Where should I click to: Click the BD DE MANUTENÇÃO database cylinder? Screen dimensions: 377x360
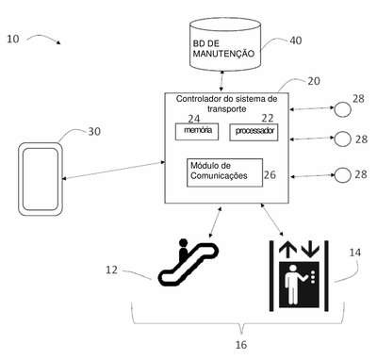pos(225,44)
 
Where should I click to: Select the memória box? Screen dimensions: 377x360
pos(197,131)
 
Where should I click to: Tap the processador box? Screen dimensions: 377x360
pos(254,132)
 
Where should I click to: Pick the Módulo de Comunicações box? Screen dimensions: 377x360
pos(224,172)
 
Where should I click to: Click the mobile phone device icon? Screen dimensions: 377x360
pos(41,179)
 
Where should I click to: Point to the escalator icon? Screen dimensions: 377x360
pos(188,263)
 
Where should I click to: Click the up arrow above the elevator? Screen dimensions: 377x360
pos(287,250)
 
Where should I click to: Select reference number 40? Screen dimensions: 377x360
pos(295,41)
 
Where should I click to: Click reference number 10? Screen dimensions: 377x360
pos(13,39)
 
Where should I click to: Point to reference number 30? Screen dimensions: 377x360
pos(94,131)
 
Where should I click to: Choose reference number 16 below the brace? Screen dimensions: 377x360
pos(241,345)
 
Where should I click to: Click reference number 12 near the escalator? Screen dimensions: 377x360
pos(111,270)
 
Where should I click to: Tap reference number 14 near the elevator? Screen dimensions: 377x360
pos(355,253)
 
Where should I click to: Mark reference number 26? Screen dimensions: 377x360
pos(270,174)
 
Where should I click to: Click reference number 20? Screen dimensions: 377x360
pos(314,81)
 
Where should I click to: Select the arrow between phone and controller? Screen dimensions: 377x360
pos(114,171)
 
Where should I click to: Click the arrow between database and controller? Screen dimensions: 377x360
pos(222,81)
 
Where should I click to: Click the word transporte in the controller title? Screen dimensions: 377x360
pos(226,109)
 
